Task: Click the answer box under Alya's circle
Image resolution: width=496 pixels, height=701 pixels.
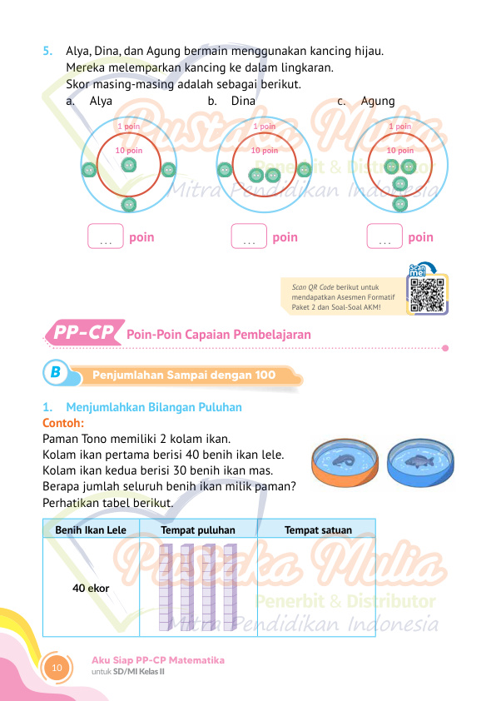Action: (106, 236)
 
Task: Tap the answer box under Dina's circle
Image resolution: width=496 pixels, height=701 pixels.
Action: (249, 236)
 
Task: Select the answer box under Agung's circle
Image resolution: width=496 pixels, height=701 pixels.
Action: (384, 236)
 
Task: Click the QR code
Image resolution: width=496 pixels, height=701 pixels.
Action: (427, 295)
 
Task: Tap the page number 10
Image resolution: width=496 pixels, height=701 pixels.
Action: (57, 668)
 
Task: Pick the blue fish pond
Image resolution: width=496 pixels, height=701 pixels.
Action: (420, 463)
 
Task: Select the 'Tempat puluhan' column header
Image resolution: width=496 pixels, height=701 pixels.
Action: (198, 529)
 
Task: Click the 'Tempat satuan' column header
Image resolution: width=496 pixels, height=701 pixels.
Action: (318, 529)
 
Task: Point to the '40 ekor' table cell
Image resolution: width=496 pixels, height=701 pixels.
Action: (91, 588)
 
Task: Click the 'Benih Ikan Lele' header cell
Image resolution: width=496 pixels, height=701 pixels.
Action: (91, 529)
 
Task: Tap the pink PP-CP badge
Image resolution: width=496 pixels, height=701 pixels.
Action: (84, 333)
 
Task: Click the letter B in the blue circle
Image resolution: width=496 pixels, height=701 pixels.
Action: (56, 372)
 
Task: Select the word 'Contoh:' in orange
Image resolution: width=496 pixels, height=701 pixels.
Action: (63, 423)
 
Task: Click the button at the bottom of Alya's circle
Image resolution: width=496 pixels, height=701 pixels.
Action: (129, 205)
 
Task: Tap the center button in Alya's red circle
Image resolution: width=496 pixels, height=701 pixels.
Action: (129, 166)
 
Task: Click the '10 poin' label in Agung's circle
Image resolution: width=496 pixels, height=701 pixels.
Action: (400, 150)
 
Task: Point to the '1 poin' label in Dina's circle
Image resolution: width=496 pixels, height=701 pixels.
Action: (264, 126)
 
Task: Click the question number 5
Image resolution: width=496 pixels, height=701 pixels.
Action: (47, 51)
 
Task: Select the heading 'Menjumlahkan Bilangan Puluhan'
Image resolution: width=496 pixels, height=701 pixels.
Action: (154, 407)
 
